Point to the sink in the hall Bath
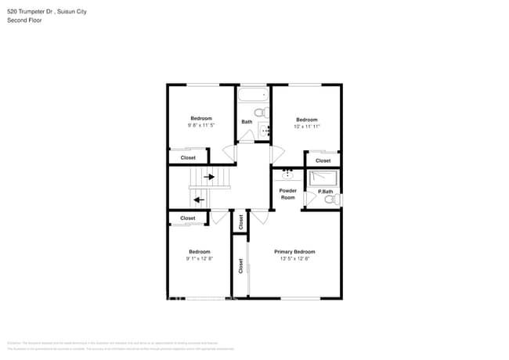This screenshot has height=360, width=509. (263, 130)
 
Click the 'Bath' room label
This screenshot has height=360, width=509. (247, 122)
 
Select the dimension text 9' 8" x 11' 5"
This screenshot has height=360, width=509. (200, 125)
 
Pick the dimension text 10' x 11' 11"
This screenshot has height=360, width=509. (306, 126)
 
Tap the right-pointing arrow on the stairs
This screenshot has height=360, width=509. (209, 177)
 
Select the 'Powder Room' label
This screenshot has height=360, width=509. (287, 194)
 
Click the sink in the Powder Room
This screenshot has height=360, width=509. (288, 175)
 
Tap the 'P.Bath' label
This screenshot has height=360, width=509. (325, 193)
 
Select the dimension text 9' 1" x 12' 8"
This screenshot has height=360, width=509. (199, 259)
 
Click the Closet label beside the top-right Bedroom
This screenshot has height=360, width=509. (323, 160)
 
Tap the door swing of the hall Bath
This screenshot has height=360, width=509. (245, 136)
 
